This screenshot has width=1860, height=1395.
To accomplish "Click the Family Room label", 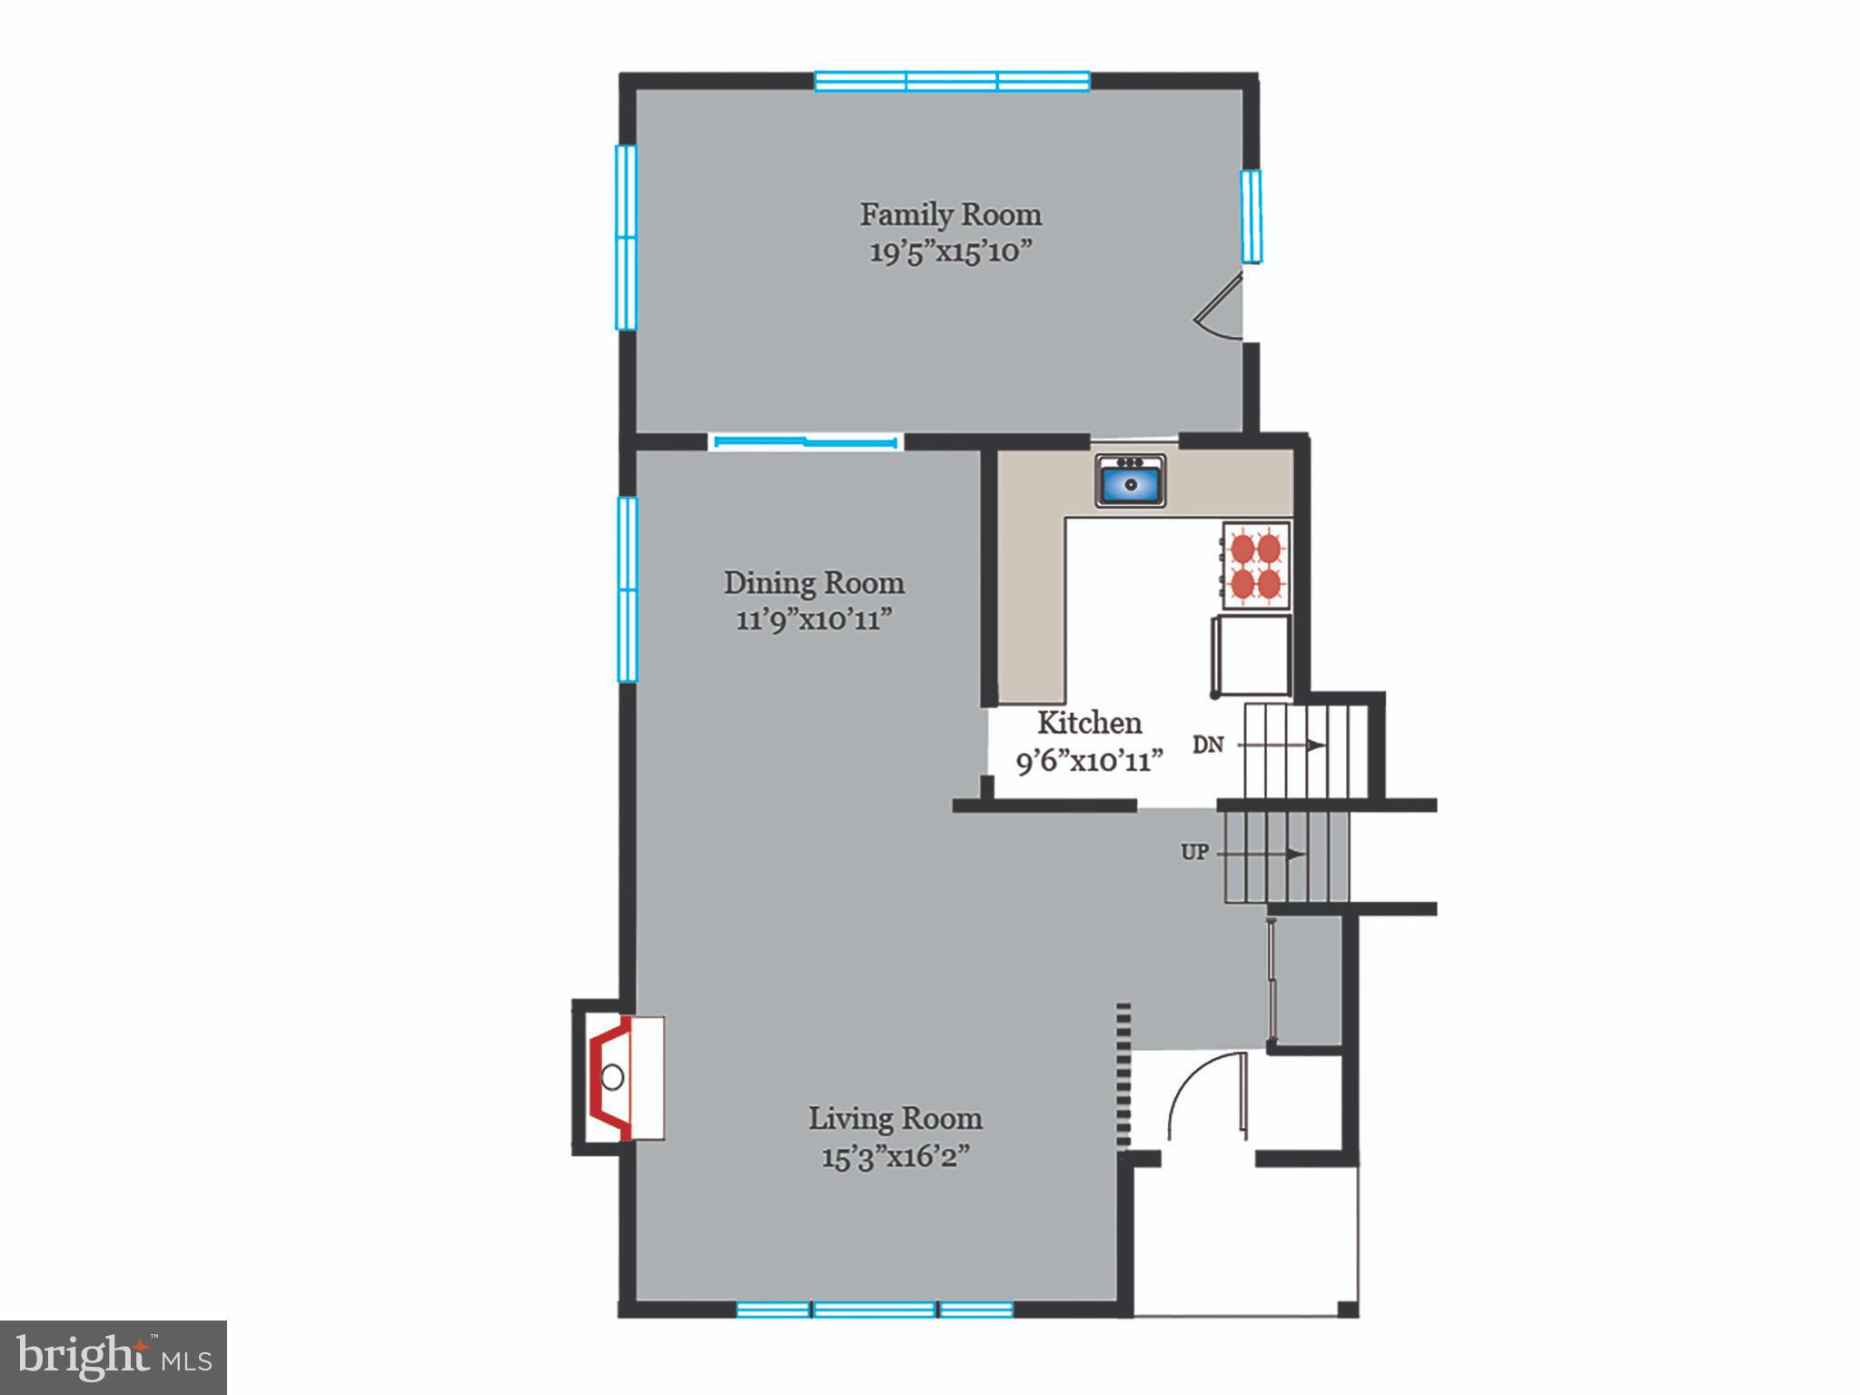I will click(950, 215).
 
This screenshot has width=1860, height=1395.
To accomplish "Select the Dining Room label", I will click(814, 583).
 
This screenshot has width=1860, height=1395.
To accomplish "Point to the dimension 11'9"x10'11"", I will click(814, 620).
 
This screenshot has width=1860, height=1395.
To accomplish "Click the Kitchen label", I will click(1089, 723).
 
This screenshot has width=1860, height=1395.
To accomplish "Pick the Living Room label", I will click(895, 1118).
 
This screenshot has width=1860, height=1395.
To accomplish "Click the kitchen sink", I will click(1130, 481).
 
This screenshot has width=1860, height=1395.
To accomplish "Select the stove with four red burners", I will click(1255, 565).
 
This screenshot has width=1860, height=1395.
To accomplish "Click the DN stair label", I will click(1208, 745).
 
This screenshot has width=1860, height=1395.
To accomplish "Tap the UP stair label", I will click(1194, 853).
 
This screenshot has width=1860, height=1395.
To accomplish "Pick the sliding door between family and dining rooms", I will click(806, 442).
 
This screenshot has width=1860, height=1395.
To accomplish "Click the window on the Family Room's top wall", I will click(952, 82).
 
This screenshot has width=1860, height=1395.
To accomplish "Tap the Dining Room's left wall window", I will click(627, 589).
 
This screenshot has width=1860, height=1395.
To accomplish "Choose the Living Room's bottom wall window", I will click(874, 1309).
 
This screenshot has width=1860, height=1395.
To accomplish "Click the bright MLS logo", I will click(114, 1357).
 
